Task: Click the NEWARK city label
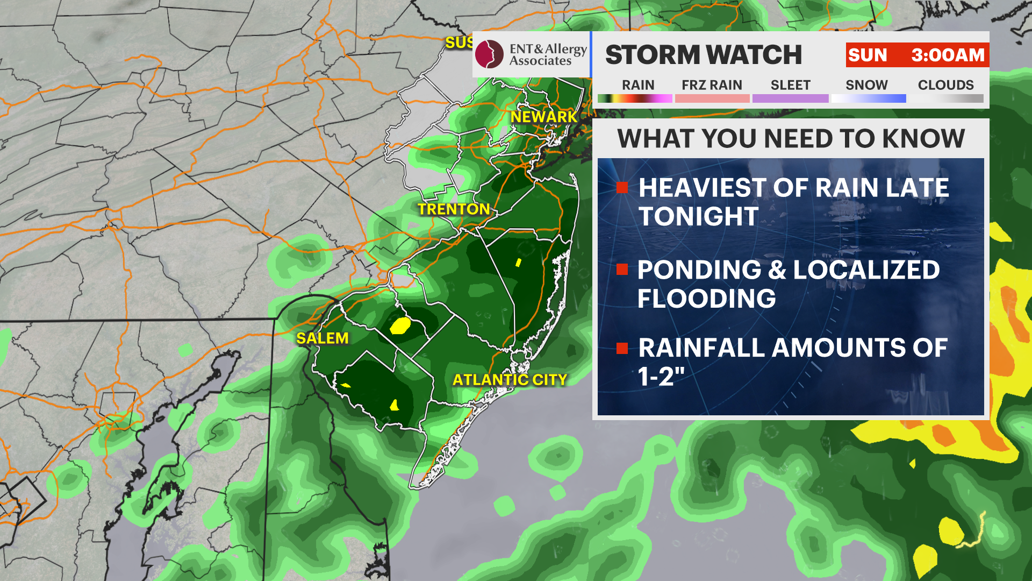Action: (x=543, y=117)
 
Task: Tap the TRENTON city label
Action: (x=454, y=209)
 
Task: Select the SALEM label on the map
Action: (x=322, y=338)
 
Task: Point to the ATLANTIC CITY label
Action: (x=510, y=380)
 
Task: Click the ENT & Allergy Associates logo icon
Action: (x=489, y=54)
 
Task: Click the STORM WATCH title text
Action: (x=703, y=55)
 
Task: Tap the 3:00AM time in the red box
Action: (x=948, y=55)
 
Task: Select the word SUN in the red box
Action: (x=868, y=55)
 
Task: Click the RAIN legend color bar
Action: (x=635, y=98)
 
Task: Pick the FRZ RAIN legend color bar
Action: (x=712, y=98)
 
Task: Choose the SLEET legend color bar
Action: (x=790, y=98)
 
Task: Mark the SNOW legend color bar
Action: (x=868, y=98)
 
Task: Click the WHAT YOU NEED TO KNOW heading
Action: (x=791, y=139)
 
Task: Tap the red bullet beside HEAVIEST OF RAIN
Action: (x=622, y=188)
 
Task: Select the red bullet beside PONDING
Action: (x=622, y=270)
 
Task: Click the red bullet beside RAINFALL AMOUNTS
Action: (x=622, y=348)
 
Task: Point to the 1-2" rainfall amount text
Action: (x=662, y=376)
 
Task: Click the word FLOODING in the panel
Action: (x=706, y=299)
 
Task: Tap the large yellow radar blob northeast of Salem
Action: (x=400, y=325)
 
